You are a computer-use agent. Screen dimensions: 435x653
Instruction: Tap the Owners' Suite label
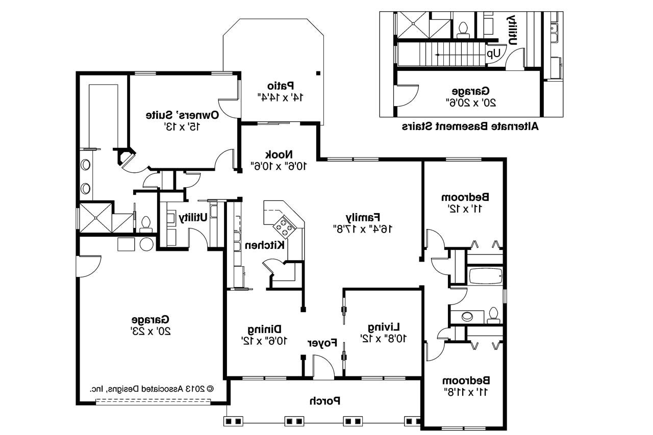pyautogui.click(x=182, y=120)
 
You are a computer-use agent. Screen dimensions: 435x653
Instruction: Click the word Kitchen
pyautogui.click(x=264, y=245)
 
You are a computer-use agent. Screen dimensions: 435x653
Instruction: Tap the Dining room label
pyautogui.click(x=265, y=334)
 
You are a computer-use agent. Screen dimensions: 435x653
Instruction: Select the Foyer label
pyautogui.click(x=322, y=343)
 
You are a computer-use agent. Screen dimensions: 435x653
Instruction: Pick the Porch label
pyautogui.click(x=324, y=401)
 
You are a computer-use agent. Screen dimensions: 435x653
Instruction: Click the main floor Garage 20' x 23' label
pyautogui.click(x=150, y=325)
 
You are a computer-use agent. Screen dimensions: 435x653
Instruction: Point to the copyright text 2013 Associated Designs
pyautogui.click(x=152, y=388)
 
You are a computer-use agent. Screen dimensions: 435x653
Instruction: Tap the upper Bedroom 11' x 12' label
pyautogui.click(x=465, y=202)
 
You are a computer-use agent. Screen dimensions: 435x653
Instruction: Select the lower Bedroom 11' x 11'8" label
pyautogui.click(x=465, y=386)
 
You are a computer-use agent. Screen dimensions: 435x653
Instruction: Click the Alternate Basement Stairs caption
pyautogui.click(x=470, y=126)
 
